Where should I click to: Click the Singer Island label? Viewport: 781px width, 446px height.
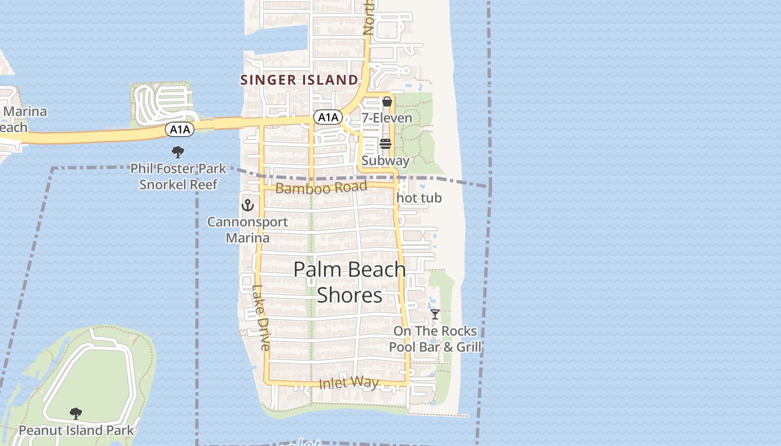(x=299, y=80)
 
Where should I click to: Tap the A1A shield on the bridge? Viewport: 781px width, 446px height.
(x=180, y=130)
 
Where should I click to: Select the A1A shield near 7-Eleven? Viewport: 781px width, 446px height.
(x=327, y=117)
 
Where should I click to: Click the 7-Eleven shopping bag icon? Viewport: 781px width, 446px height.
(x=387, y=101)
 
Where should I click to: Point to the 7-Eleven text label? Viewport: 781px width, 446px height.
(x=387, y=118)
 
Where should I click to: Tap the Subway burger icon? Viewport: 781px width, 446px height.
(x=385, y=144)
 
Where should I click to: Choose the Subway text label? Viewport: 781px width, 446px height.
(x=385, y=161)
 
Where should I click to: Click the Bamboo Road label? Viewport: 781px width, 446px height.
(x=321, y=187)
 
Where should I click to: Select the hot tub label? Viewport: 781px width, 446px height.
(x=419, y=198)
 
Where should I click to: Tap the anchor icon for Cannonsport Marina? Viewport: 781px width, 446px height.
(x=247, y=205)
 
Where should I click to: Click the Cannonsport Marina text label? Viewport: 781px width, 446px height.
(x=248, y=230)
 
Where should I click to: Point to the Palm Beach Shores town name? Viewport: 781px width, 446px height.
(x=350, y=282)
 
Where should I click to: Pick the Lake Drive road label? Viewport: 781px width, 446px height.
(x=261, y=318)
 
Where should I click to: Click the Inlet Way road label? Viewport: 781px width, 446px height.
(x=349, y=383)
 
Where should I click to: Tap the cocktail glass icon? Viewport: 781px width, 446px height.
(x=435, y=314)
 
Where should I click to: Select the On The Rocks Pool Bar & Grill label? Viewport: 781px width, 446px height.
(x=435, y=339)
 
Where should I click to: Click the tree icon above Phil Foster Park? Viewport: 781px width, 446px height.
(x=178, y=152)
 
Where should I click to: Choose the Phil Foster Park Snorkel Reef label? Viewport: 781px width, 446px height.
(x=179, y=176)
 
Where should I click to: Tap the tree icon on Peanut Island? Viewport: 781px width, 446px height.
(x=76, y=414)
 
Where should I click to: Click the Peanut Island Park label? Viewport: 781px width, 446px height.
(x=76, y=430)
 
